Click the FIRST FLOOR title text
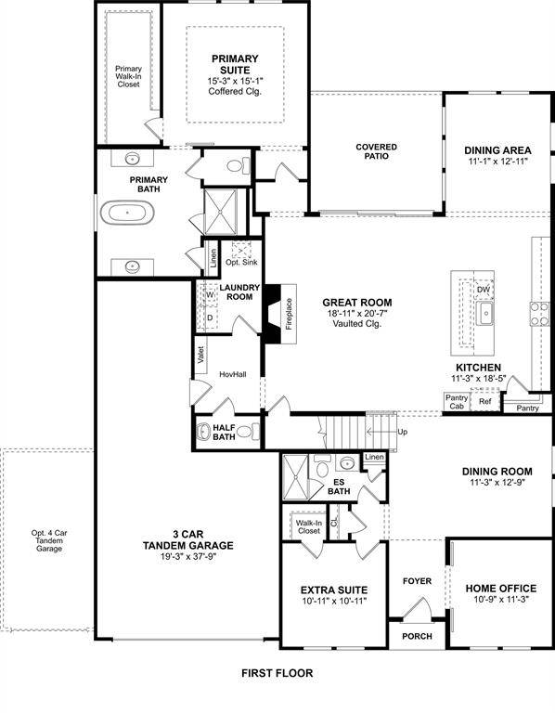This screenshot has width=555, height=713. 277,673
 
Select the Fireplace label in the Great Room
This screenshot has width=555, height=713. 289,315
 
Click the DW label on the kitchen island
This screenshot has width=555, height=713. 484,290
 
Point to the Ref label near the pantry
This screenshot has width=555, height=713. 484,402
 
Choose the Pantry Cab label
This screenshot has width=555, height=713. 457,402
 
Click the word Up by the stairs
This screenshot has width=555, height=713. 402,433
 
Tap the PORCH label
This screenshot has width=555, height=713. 416,636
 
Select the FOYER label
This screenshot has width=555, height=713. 417,581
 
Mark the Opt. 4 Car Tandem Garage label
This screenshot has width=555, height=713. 46,540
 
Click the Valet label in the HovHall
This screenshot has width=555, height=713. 200,355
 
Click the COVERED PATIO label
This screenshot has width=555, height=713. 377,151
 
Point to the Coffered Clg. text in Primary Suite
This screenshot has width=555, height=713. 235,92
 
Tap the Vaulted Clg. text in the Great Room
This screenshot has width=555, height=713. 357,326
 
